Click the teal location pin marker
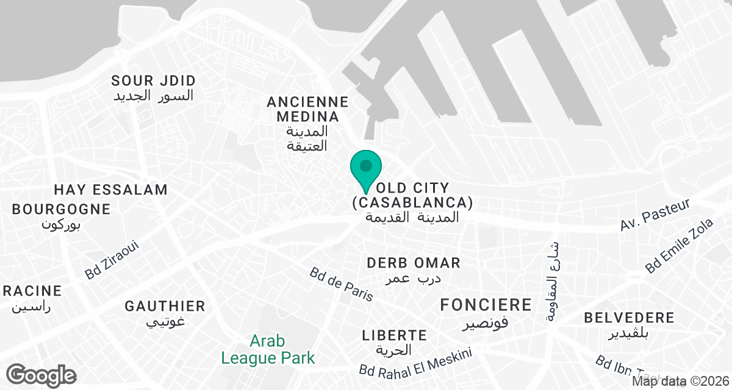[x=365, y=168]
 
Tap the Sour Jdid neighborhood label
[x=154, y=88]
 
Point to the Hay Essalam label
[x=110, y=190]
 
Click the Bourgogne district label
[x=61, y=216]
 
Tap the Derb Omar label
[x=414, y=270]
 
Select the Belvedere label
[x=629, y=325]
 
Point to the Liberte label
[x=394, y=342]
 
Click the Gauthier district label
[x=165, y=313]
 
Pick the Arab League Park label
[x=268, y=349]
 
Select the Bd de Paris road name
[x=341, y=284]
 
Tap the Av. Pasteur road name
[x=655, y=215]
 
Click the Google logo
[x=41, y=375]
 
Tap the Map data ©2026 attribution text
[x=680, y=382]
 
